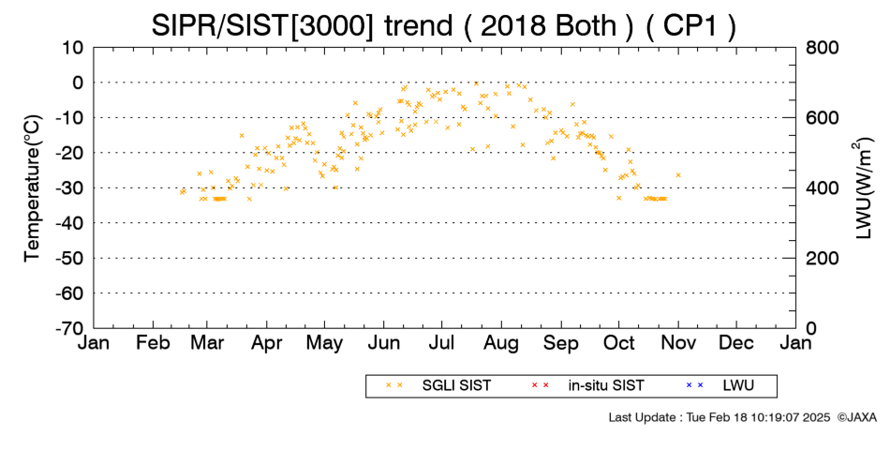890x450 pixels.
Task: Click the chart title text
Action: [x=444, y=25]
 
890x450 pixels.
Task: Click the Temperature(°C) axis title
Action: [x=33, y=188]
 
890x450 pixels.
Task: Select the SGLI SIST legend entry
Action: [x=438, y=386]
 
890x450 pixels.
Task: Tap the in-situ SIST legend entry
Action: [x=586, y=386]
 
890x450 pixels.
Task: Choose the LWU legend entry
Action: [x=720, y=386]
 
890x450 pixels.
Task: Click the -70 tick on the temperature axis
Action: [x=70, y=328]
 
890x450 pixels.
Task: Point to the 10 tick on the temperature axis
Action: [x=73, y=48]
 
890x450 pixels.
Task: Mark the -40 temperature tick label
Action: [x=70, y=223]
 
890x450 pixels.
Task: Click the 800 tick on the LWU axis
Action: [x=823, y=48]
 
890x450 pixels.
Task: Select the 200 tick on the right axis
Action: [x=823, y=259]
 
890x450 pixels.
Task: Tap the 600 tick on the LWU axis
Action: [x=823, y=118]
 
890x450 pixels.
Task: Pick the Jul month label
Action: [x=441, y=343]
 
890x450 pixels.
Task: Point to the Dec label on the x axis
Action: [x=736, y=343]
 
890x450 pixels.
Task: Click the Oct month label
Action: [x=619, y=343]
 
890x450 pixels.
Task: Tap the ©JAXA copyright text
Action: [x=856, y=417]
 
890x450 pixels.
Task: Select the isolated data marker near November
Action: [x=677, y=175]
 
